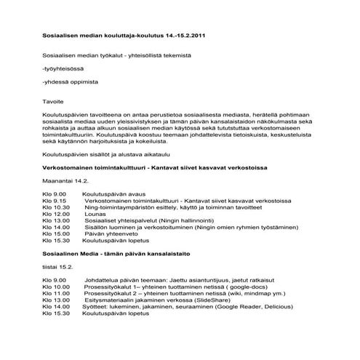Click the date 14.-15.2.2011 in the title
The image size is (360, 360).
click(185, 35)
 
